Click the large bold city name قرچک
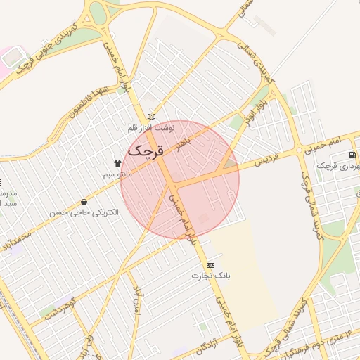click(x=145, y=150)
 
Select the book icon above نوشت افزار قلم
click(x=151, y=117)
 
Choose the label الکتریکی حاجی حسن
click(x=84, y=212)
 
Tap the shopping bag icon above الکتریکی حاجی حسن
click(x=84, y=202)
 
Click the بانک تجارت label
click(x=212, y=276)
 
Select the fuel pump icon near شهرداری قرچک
click(x=352, y=155)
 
